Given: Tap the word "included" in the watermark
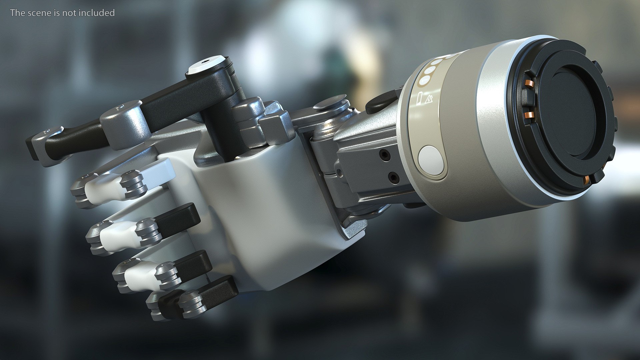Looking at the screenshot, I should coord(99,13).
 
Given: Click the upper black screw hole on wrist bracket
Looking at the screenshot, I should coord(386,155).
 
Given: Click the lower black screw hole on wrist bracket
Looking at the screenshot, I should coord(394,178).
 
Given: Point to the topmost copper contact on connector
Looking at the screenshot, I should coord(527,84).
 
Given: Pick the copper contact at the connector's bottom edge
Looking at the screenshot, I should coord(586,180).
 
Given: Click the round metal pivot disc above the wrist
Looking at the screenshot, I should coord(330,102).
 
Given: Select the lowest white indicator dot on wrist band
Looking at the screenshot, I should coord(425,80).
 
